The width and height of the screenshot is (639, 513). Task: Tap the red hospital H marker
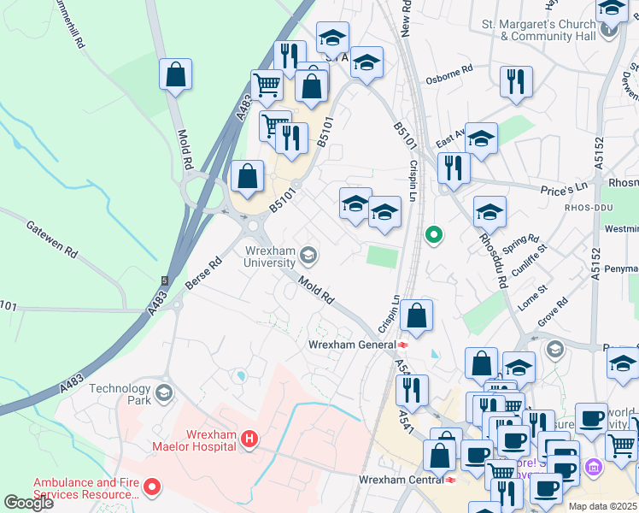coord(249,439)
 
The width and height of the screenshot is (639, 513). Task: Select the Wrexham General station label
coord(351,345)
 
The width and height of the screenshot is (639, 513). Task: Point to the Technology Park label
coord(120,394)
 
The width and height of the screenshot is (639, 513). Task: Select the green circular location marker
coord(434,233)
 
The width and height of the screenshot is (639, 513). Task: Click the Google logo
coord(28,503)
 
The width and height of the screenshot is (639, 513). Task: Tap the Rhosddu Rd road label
coord(493,260)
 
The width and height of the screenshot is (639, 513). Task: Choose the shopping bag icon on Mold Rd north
coord(175,75)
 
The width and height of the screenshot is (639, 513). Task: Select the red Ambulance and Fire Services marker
coord(152,489)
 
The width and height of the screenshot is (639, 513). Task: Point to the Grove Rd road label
coord(553,312)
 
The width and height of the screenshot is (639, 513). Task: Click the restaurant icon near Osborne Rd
coord(516,82)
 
